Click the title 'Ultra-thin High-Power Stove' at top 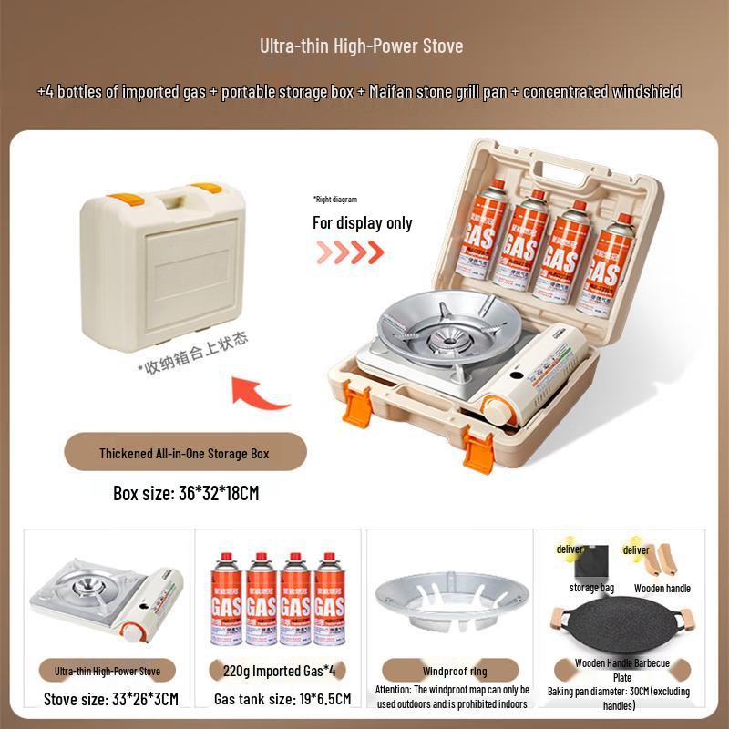(362, 46)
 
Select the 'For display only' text (362, 222)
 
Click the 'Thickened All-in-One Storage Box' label (184, 453)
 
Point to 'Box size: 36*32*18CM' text (186, 493)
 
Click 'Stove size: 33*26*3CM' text (111, 700)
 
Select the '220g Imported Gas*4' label (273, 672)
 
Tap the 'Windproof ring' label (454, 672)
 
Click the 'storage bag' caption (591, 588)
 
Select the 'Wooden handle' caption (662, 588)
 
